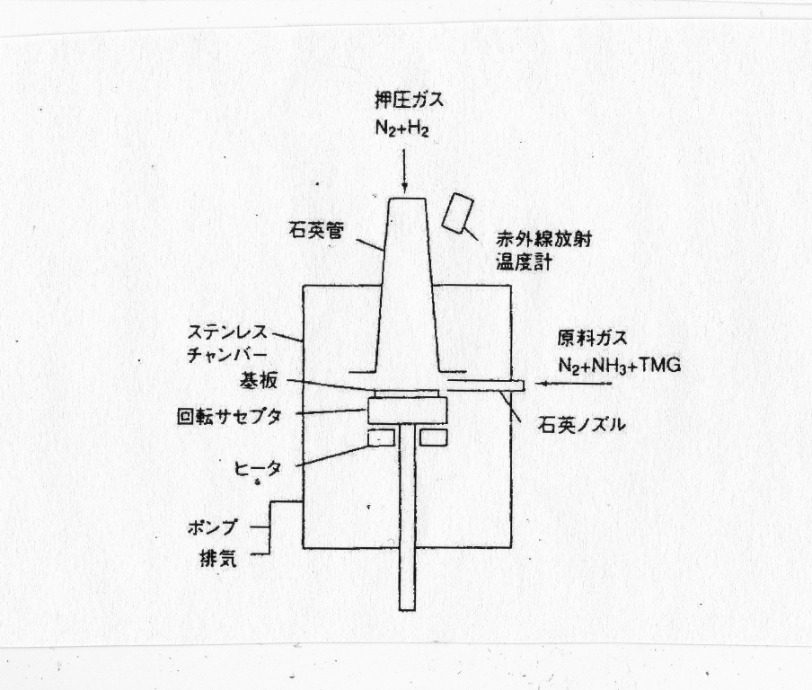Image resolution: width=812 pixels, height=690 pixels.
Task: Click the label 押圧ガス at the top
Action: tap(409, 100)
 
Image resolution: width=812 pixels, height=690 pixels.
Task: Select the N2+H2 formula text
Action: tap(402, 128)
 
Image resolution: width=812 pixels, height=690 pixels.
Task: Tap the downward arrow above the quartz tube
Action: tap(404, 170)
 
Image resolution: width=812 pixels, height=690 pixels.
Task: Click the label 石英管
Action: tap(316, 231)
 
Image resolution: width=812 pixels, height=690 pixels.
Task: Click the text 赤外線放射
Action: tap(543, 239)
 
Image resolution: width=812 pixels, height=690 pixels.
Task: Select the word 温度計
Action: tap(524, 261)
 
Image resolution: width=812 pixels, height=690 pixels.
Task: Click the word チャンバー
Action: tap(227, 355)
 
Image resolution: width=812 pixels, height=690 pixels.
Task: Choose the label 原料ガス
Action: tap(593, 339)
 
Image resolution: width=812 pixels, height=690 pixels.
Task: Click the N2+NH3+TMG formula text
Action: tap(620, 366)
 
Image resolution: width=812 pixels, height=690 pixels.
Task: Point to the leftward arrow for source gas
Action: tap(574, 384)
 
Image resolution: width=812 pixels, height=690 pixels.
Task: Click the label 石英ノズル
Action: tap(581, 425)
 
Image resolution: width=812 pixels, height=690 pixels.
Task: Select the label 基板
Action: tap(258, 381)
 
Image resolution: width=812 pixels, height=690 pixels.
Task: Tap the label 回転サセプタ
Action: tap(229, 416)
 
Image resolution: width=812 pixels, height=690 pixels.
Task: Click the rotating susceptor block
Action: tap(407, 410)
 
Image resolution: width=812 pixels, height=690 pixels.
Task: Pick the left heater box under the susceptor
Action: tap(381, 438)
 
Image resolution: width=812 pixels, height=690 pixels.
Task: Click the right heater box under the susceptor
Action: tap(434, 438)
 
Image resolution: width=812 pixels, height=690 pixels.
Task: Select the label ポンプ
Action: tap(212, 527)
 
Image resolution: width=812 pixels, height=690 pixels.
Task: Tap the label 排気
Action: tap(218, 559)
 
